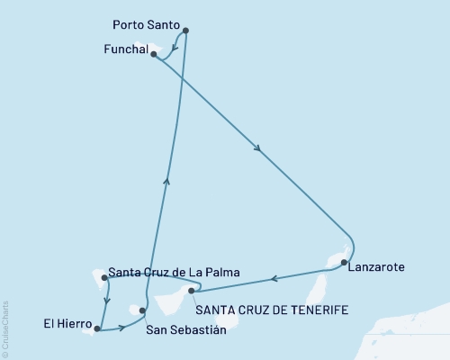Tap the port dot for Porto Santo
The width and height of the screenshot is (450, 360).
pyautogui.click(x=185, y=31)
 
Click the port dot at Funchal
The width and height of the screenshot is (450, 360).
pyautogui.click(x=154, y=54)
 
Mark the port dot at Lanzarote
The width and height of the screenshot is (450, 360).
pyautogui.click(x=344, y=262)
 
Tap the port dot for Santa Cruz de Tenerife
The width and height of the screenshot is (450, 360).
pyautogui.click(x=191, y=290)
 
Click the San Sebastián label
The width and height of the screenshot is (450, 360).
pyautogui.click(x=184, y=330)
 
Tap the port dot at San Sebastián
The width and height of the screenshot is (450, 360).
pyautogui.click(x=142, y=310)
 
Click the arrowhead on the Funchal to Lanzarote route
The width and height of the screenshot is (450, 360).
pyautogui.click(x=258, y=150)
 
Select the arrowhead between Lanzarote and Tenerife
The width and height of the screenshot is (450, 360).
pyautogui.click(x=276, y=277)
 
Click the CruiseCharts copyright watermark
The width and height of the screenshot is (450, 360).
pyautogui.click(x=5, y=328)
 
